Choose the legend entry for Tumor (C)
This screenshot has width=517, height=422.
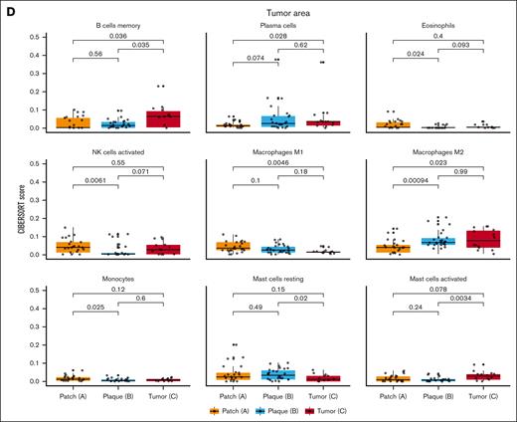click(x=334, y=409)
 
